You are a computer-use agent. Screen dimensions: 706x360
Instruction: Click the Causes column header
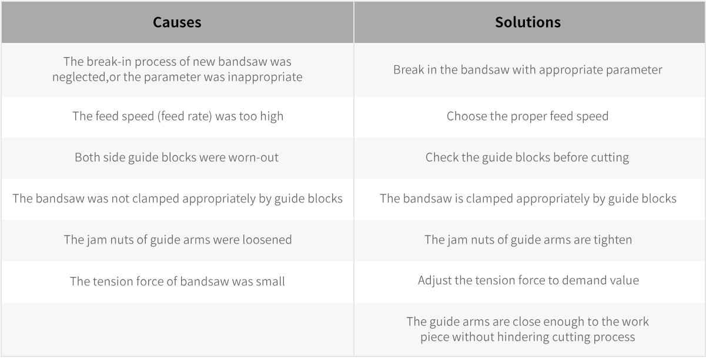coord(177,22)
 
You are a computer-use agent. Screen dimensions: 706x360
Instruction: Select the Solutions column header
coord(528,22)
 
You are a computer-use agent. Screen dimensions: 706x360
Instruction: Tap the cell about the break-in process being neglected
coord(177,69)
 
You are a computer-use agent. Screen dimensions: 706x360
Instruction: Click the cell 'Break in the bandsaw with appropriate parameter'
coord(528,70)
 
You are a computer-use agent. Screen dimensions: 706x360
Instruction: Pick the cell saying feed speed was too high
coord(178,116)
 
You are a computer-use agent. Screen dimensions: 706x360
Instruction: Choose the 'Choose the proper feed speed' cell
coord(528,116)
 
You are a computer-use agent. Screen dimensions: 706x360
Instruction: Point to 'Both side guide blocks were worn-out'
coord(176,158)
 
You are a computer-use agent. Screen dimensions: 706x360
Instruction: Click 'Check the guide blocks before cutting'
coord(527,158)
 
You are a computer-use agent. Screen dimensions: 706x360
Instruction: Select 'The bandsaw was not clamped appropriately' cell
coord(178,199)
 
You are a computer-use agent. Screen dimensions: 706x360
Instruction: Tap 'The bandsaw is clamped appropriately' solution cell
coord(528,199)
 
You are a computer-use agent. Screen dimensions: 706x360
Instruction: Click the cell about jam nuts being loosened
coord(178,240)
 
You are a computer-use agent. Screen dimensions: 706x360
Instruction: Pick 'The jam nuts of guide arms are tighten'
coord(528,240)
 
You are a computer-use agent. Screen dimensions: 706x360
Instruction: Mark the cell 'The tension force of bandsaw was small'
coord(178,281)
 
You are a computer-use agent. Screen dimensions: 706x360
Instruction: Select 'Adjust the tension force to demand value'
coord(528,281)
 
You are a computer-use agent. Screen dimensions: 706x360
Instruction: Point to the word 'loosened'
coord(267,240)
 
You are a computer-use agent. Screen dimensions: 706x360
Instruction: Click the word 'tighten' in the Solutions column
coord(613,240)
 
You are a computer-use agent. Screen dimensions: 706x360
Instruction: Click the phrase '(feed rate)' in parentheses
coord(185,116)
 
